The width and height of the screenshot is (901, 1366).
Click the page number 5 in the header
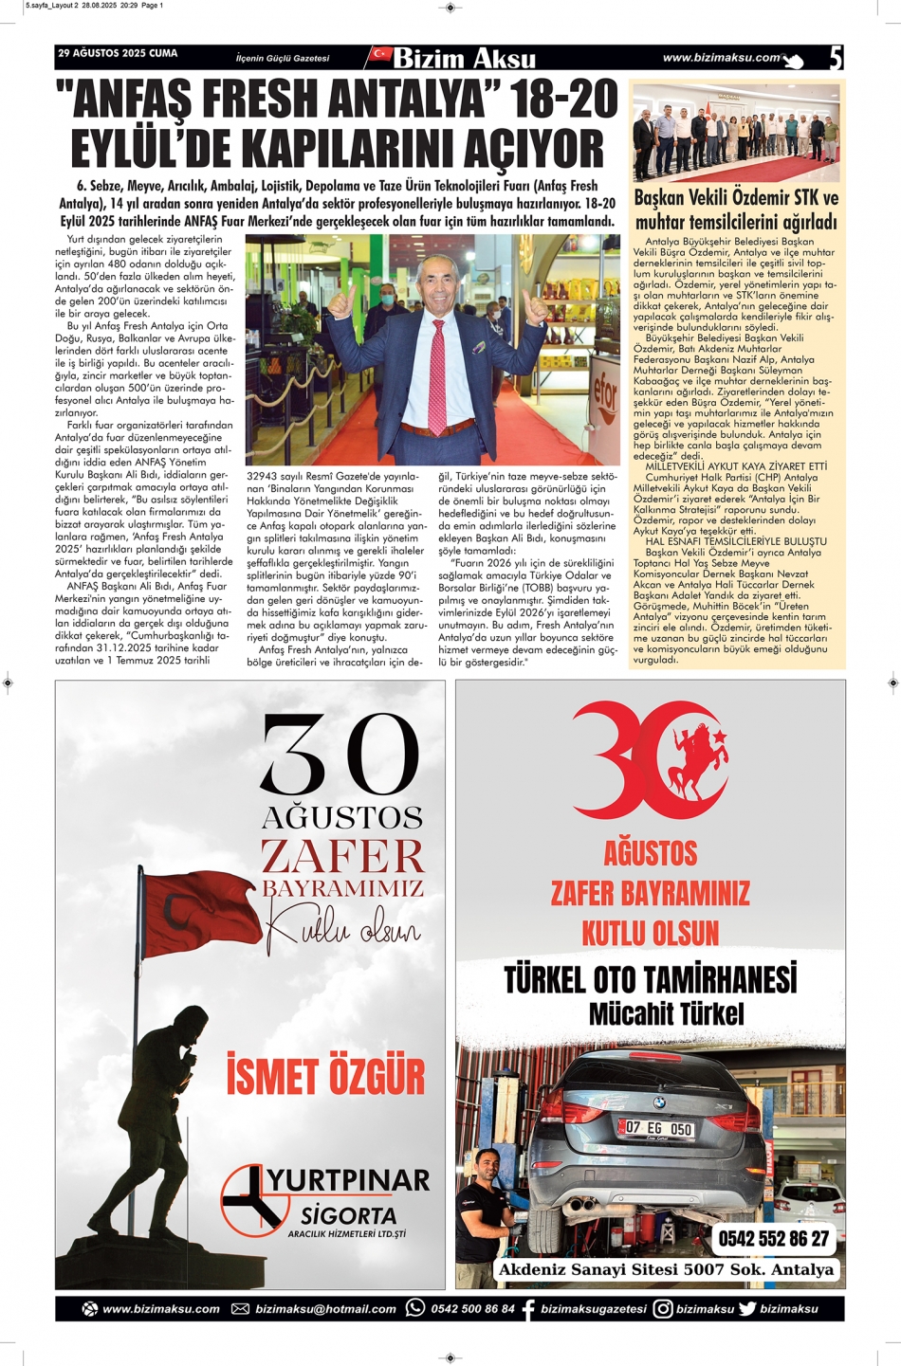point(835,59)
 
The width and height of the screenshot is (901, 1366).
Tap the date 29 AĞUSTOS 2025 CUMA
point(118,54)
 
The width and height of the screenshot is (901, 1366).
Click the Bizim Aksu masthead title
point(464,59)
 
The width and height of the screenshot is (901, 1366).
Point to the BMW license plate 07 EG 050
point(658,1128)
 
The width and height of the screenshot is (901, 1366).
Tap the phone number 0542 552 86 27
point(773,1238)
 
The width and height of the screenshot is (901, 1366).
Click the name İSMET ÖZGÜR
point(325,1077)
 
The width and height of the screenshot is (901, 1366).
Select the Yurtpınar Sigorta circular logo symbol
point(254,1197)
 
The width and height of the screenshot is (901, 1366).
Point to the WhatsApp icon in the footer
point(415,1308)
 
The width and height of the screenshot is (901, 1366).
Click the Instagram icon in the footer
point(663,1308)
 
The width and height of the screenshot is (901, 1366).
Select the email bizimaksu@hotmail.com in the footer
point(325,1309)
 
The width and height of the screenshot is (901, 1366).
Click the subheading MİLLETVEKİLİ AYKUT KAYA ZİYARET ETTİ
point(736,466)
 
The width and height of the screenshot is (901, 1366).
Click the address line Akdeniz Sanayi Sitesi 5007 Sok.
point(666,1269)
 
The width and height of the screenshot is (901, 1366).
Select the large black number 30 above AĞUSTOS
point(340,756)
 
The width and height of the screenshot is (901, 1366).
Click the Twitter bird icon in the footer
point(747,1308)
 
